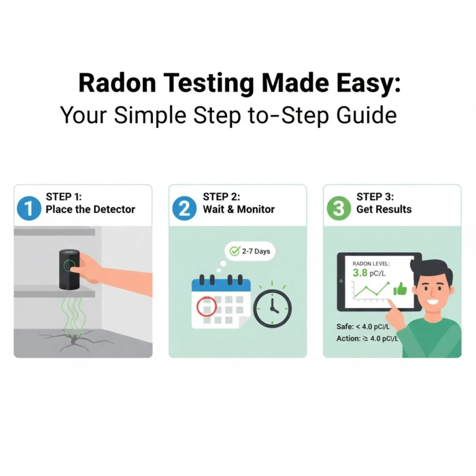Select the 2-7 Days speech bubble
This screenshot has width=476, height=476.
(250, 251)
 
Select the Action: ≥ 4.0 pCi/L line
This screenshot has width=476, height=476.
(367, 340)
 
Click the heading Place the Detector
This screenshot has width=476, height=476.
(90, 209)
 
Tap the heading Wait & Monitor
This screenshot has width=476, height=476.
(239, 209)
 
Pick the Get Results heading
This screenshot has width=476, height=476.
(384, 209)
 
